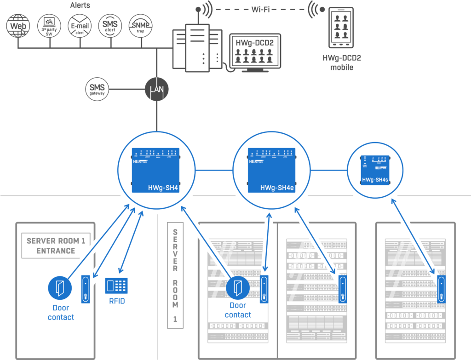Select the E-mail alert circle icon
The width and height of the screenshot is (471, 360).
click(x=80, y=25)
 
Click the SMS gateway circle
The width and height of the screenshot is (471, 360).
click(x=98, y=89)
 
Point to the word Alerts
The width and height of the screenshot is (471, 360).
click(x=80, y=6)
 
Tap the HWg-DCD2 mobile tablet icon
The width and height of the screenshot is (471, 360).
click(x=341, y=27)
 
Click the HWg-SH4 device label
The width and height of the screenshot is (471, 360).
click(x=163, y=188)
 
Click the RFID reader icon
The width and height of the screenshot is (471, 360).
click(x=116, y=286)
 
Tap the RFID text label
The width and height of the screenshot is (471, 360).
click(x=117, y=302)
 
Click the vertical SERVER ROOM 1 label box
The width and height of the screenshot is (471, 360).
click(x=175, y=275)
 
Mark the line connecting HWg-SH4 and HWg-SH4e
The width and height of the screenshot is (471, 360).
click(x=214, y=170)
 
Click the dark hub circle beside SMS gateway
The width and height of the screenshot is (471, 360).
click(x=157, y=89)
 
